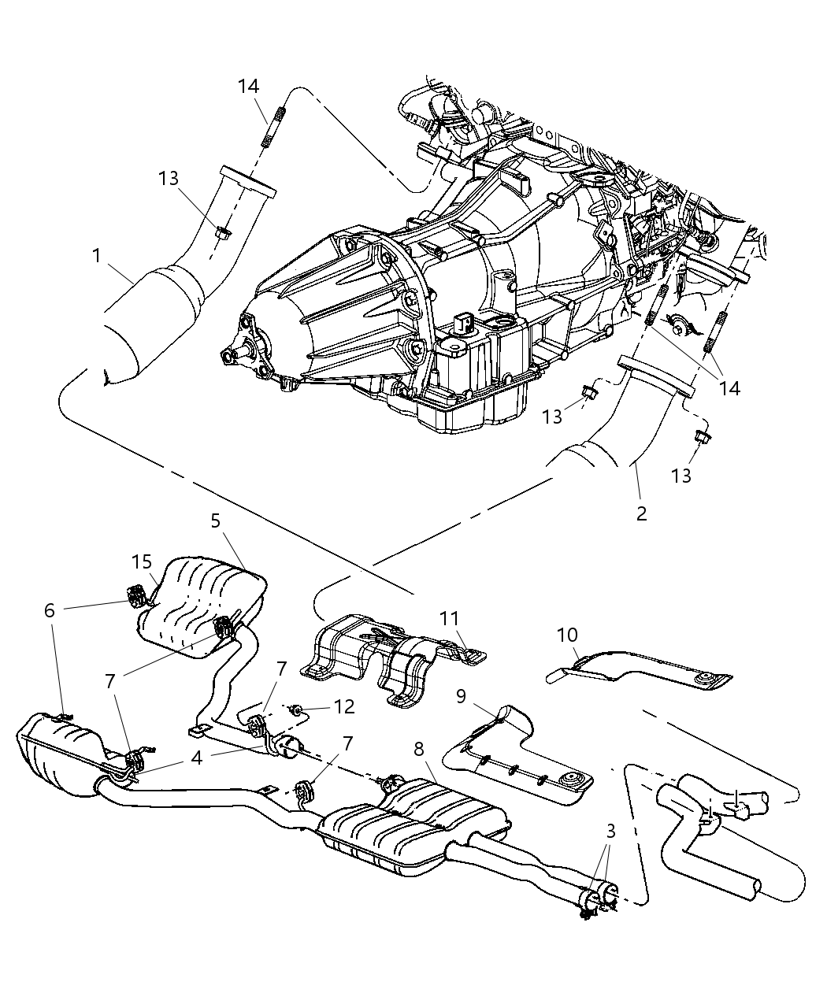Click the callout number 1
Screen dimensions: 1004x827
point(96,256)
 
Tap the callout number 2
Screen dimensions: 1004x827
point(641,513)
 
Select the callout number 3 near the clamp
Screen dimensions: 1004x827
point(610,831)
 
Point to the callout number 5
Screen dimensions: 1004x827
point(216,521)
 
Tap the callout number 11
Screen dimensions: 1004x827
point(449,619)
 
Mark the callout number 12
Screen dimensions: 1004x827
point(344,707)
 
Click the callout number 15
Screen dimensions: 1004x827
point(142,562)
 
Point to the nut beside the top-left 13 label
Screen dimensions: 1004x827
point(222,232)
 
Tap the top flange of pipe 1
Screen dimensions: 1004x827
point(247,180)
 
